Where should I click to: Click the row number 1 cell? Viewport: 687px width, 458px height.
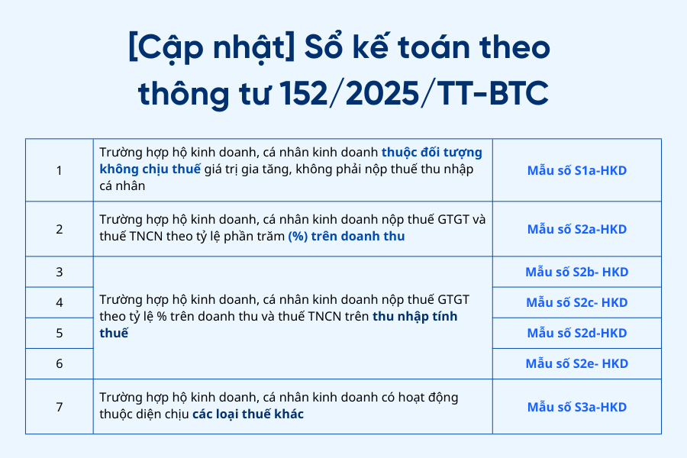(x=59, y=170)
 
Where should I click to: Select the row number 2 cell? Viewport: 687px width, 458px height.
(x=59, y=229)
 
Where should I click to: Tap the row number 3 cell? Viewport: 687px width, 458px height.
(x=59, y=272)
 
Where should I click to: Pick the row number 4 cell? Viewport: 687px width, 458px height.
(x=59, y=302)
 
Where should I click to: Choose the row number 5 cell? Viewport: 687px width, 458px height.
(x=59, y=333)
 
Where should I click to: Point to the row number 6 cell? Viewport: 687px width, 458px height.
(x=59, y=364)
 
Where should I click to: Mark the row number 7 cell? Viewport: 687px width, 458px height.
(x=59, y=407)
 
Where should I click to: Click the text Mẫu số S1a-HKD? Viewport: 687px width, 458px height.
(x=576, y=170)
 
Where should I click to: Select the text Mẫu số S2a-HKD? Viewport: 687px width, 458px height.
(x=576, y=229)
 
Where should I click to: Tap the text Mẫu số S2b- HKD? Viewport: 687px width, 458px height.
(x=576, y=272)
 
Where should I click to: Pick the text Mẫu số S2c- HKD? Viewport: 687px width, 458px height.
(x=576, y=302)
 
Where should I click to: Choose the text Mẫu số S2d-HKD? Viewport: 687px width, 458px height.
(x=576, y=333)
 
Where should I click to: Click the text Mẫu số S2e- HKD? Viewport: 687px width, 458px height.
(x=576, y=364)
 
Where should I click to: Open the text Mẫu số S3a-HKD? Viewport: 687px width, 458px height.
(x=576, y=407)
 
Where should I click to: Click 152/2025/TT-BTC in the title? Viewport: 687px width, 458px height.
(x=414, y=93)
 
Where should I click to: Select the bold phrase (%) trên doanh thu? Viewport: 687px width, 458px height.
(x=346, y=236)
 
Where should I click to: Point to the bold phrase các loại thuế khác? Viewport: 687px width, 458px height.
(x=248, y=414)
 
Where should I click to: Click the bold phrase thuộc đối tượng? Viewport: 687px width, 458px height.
(x=431, y=153)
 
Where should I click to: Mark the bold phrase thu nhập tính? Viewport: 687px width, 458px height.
(x=415, y=317)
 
